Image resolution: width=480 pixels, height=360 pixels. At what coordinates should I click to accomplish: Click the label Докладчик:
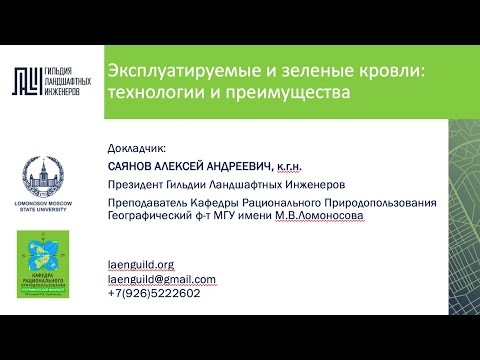[136, 147]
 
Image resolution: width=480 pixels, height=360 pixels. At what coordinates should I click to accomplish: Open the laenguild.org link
[140, 265]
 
